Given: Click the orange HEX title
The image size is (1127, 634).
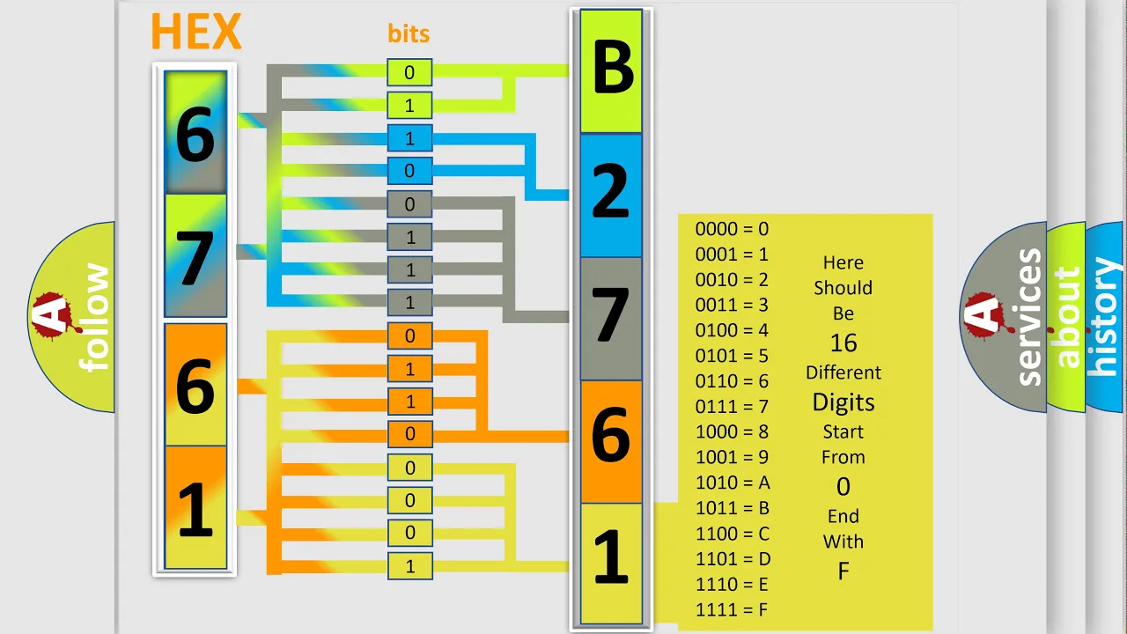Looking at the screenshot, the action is point(196,31).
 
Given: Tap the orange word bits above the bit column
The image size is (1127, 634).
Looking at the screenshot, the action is point(409,33).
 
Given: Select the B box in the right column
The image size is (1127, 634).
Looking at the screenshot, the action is point(611,71).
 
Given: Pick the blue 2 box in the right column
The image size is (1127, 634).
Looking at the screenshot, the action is point(611,195).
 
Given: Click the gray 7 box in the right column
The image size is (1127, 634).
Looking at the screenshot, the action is point(611,319).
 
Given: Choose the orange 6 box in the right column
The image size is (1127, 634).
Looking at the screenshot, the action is point(611,442).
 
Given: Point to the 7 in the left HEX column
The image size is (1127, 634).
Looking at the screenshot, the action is point(195,255).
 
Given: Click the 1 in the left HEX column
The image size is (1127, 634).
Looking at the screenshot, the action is point(195,507).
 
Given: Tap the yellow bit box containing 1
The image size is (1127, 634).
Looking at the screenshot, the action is point(410,566).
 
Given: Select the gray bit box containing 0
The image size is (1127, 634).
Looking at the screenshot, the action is point(409,204).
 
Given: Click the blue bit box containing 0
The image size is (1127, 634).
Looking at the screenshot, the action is point(409,171).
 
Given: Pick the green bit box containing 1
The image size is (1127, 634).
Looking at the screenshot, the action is point(409,106).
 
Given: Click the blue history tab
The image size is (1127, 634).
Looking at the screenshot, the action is point(1105,317).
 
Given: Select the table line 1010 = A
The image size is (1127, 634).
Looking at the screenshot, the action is point(733,483).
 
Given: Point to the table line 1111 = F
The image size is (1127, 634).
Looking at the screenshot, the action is point(732,610).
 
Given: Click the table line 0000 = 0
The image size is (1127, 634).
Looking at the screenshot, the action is point(732,229).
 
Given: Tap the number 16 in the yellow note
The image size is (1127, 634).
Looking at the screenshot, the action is point(843,343).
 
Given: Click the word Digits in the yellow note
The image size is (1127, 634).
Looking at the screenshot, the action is point(843,402).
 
